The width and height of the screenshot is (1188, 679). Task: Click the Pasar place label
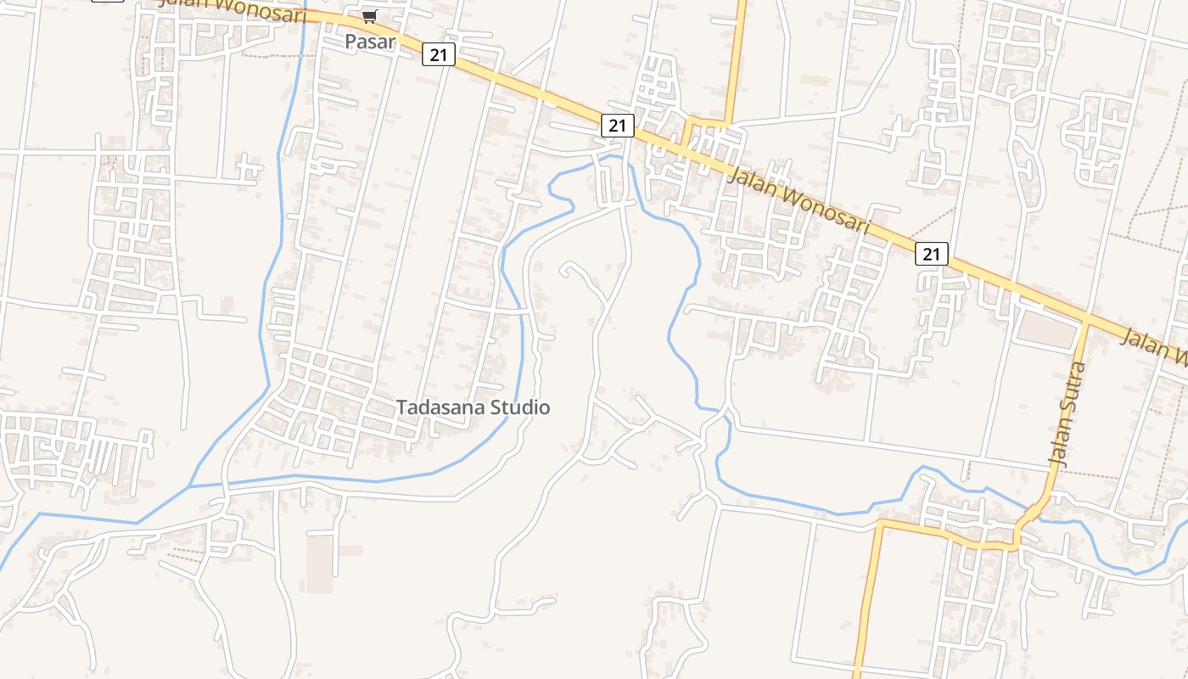(x=370, y=41)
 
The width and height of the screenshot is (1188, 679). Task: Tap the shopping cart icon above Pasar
(x=369, y=16)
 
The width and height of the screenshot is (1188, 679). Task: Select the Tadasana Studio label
(x=473, y=407)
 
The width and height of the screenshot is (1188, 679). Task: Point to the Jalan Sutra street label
(x=1068, y=414)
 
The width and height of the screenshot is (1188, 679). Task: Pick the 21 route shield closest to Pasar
(x=438, y=55)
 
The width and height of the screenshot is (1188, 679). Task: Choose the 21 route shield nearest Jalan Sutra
(x=931, y=253)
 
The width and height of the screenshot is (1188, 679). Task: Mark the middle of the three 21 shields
(x=618, y=126)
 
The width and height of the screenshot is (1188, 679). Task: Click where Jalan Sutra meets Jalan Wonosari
(x=1086, y=321)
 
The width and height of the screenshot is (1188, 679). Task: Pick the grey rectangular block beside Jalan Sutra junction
(x=1046, y=329)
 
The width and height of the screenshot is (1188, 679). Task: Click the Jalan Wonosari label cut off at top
(x=233, y=6)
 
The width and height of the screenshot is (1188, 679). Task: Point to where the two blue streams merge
(x=188, y=487)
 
